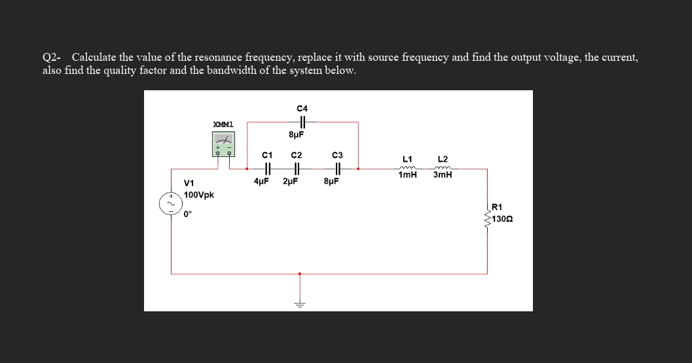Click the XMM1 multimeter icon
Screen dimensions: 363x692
[x=223, y=143]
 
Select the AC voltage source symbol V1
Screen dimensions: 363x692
[x=170, y=204]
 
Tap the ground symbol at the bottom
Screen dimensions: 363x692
[x=300, y=303]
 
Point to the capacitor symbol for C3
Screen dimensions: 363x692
[x=336, y=169]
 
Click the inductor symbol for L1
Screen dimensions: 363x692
[x=407, y=167]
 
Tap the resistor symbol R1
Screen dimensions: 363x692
[x=488, y=215]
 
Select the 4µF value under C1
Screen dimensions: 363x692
[x=262, y=181]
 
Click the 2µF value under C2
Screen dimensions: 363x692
[x=291, y=181]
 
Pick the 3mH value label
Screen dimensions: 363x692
[x=443, y=175]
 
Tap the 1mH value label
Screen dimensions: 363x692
[x=407, y=175]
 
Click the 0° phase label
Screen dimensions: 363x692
[x=188, y=213]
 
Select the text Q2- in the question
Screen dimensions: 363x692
[x=52, y=58]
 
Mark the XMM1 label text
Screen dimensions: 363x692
[x=223, y=124]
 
